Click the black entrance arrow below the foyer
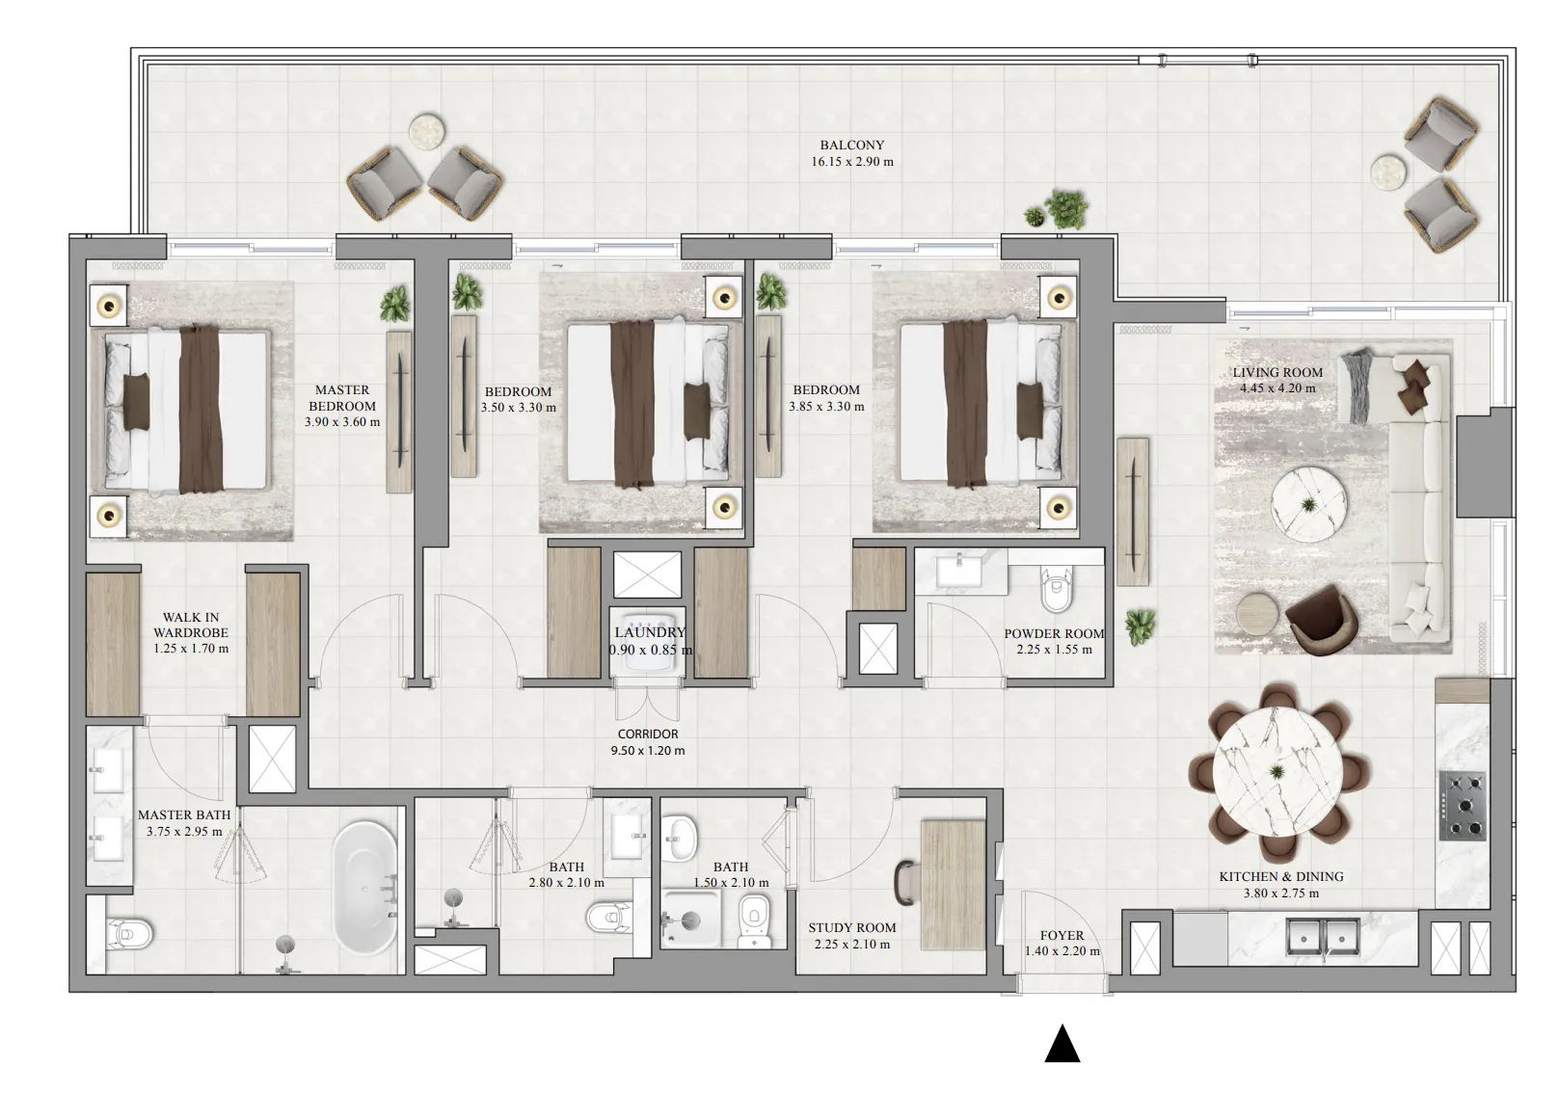point(1062,1044)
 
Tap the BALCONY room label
point(851,146)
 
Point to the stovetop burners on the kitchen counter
point(1462,805)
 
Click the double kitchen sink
point(1322,935)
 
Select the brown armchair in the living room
point(1319,619)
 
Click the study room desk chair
point(905,878)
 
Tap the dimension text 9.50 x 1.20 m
point(648,750)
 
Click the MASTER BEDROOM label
point(342,398)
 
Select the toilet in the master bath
point(128,933)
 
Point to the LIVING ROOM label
point(1277,372)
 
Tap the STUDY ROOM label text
point(851,927)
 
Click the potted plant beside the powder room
point(1140,626)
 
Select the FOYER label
point(1062,935)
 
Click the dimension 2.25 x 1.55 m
point(1054,650)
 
